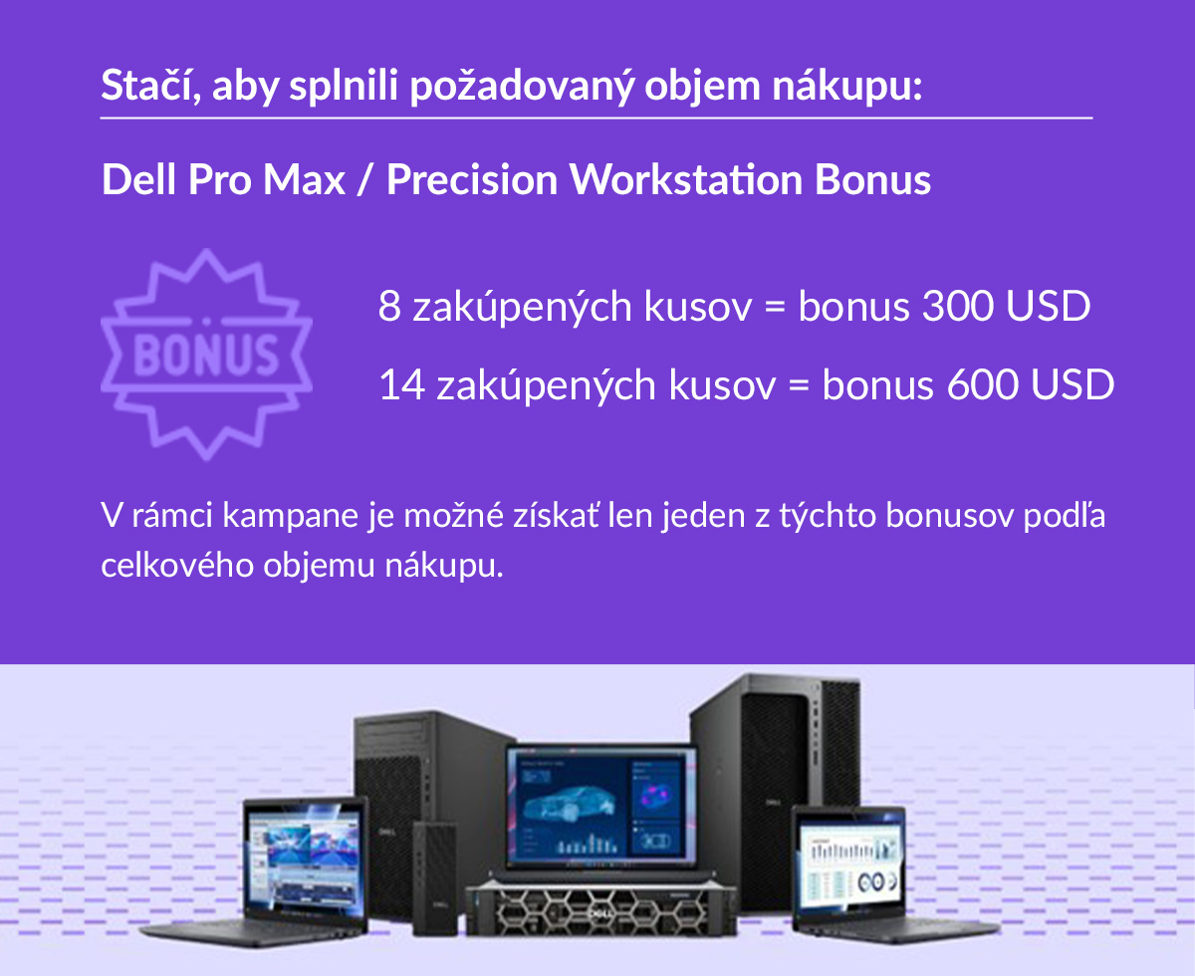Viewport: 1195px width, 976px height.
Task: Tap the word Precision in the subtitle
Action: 472,179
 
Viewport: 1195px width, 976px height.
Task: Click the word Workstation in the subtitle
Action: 685,179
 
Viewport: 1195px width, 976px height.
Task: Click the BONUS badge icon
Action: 206,355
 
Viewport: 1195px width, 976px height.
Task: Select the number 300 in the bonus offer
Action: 958,306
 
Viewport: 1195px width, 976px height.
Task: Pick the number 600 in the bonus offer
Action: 982,384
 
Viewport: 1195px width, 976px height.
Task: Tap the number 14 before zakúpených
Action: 401,384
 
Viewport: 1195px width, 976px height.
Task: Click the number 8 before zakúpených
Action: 389,306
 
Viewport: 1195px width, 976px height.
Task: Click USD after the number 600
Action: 1073,384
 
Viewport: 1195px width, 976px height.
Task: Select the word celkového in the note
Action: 177,566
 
